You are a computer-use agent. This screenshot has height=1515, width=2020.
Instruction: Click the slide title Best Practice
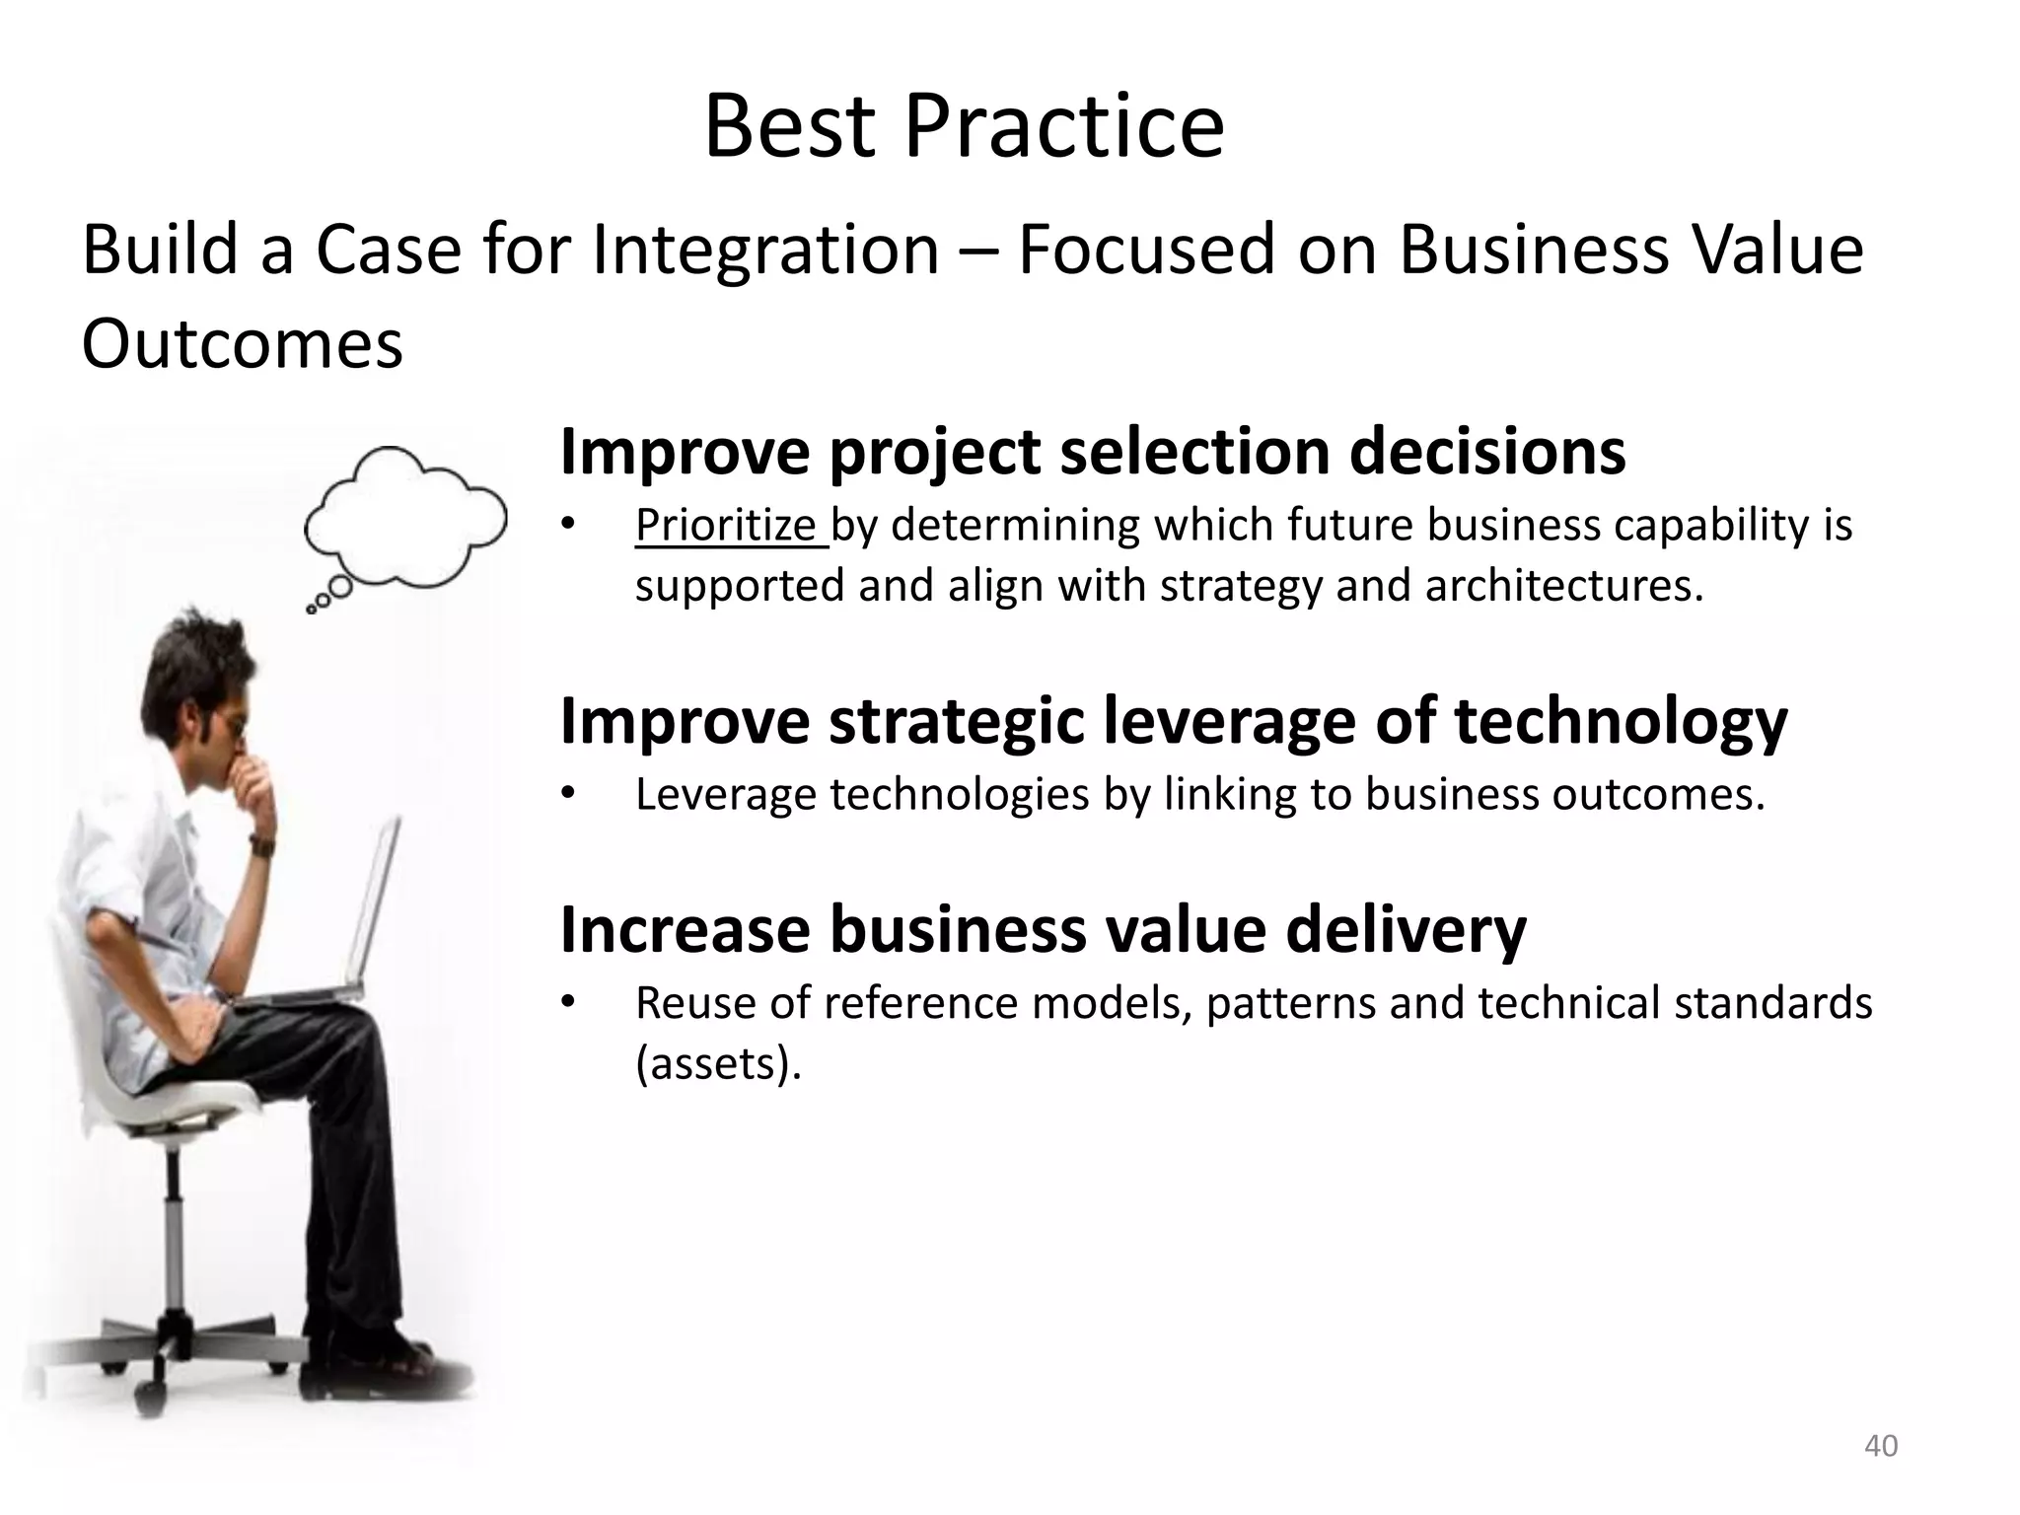pos(964,126)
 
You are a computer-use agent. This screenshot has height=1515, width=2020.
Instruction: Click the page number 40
pos(1880,1446)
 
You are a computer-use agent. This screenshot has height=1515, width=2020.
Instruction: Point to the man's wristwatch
pos(262,844)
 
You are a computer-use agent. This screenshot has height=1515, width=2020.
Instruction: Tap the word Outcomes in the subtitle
pos(242,344)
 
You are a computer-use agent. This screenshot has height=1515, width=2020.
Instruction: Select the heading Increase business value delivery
pos(1043,929)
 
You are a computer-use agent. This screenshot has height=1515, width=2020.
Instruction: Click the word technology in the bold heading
pos(1620,721)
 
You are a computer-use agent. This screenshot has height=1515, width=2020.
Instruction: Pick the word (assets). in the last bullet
pos(718,1063)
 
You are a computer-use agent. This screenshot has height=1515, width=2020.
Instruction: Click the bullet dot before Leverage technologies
pos(567,794)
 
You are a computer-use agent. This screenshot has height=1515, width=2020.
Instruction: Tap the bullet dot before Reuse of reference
pos(567,1003)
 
